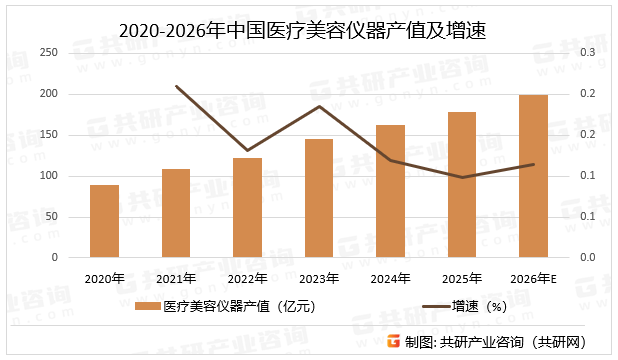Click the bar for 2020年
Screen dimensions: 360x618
click(104, 221)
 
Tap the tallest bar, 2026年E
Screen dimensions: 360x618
click(533, 176)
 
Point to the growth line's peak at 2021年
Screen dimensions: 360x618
click(176, 86)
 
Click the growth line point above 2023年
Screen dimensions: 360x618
click(319, 106)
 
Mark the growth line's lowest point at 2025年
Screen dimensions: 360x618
click(462, 177)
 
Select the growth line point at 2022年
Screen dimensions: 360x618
click(247, 150)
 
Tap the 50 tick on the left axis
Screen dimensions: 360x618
click(51, 217)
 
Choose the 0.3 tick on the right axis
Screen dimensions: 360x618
click(587, 52)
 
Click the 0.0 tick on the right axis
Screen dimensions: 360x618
click(587, 258)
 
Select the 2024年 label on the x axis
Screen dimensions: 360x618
click(390, 279)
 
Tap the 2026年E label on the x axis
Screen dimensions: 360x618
click(535, 279)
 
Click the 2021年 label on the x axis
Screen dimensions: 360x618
click(176, 279)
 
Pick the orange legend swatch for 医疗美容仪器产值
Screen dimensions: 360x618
click(147, 307)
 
